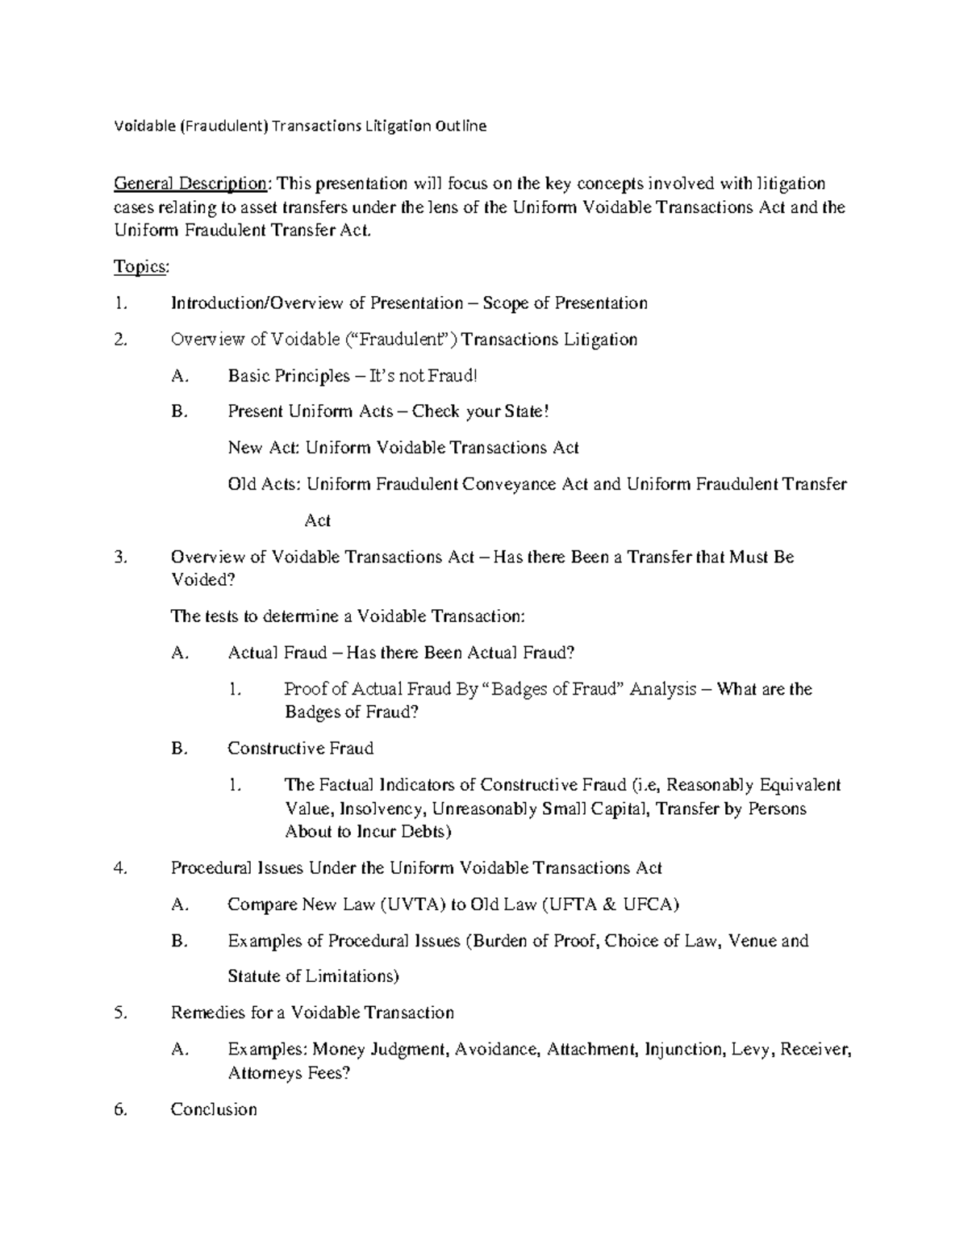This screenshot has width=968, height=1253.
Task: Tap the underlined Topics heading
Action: (141, 267)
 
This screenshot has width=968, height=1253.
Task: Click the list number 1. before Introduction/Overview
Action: (121, 303)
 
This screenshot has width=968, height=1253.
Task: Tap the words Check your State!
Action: (480, 411)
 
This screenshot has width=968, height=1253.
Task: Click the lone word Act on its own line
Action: (317, 520)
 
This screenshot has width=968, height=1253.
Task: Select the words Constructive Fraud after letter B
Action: (300, 749)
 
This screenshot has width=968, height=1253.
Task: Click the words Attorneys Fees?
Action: (290, 1073)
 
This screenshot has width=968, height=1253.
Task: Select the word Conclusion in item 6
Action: (214, 1109)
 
